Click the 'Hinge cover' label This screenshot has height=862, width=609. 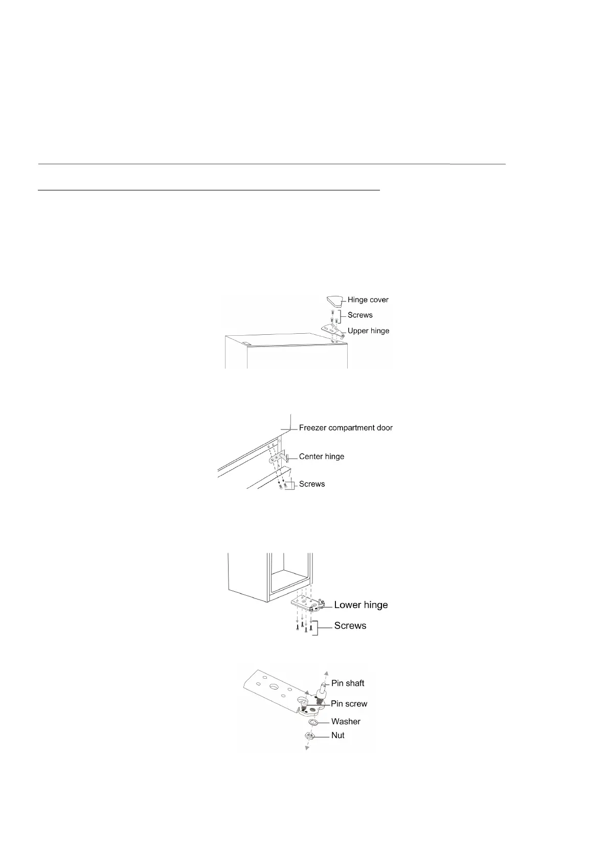[368, 300]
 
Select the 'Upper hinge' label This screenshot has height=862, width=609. [369, 331]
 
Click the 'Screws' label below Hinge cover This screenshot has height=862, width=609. [360, 315]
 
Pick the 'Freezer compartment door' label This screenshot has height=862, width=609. [346, 427]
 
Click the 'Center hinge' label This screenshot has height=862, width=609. [322, 456]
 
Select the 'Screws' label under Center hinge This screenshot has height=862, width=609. [312, 484]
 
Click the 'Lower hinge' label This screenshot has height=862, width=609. [361, 605]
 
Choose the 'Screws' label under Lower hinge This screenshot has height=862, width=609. [350, 626]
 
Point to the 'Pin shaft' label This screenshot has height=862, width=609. [348, 683]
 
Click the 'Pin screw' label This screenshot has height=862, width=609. [349, 704]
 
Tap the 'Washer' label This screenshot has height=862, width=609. [346, 721]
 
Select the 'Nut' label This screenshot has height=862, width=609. [338, 735]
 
